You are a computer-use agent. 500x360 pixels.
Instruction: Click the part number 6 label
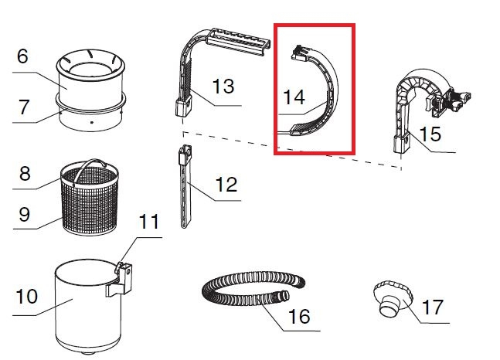[22, 56]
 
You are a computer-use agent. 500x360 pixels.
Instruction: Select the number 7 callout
[24, 107]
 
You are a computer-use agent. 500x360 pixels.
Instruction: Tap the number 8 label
[25, 174]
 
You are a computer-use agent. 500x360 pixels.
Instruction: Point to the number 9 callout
[25, 214]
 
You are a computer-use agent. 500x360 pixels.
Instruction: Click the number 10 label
[27, 297]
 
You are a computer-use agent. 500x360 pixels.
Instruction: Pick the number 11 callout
[149, 221]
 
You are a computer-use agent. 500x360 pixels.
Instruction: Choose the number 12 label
[226, 185]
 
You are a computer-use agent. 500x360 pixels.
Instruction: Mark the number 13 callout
[223, 86]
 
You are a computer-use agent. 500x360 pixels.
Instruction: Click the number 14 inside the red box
[294, 97]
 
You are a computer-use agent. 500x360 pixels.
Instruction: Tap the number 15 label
[430, 134]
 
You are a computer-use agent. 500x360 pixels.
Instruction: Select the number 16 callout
[299, 316]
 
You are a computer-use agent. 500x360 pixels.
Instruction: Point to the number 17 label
[433, 307]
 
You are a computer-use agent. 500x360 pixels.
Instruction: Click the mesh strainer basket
[90, 199]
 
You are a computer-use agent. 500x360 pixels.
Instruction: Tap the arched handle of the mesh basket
[90, 161]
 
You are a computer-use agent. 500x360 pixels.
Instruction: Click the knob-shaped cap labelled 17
[393, 298]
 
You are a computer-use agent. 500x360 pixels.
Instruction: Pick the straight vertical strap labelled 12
[185, 186]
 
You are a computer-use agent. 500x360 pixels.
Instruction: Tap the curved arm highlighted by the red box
[332, 96]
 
